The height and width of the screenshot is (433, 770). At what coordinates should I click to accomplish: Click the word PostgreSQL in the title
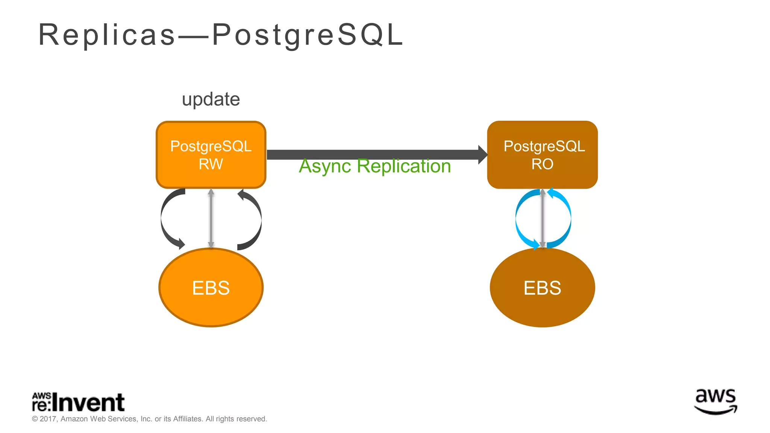click(x=308, y=35)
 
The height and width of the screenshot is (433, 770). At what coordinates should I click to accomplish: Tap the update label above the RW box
click(x=211, y=100)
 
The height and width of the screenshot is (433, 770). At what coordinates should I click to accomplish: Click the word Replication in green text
click(x=404, y=166)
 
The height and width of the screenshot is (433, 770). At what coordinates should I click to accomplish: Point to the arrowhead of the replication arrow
click(x=483, y=154)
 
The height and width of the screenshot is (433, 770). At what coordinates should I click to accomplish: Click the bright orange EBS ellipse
click(x=211, y=288)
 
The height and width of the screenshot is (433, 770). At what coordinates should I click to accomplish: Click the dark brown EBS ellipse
click(x=542, y=288)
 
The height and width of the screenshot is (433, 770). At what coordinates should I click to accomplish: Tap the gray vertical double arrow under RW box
click(x=211, y=218)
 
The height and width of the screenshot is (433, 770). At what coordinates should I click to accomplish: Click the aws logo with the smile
click(x=715, y=401)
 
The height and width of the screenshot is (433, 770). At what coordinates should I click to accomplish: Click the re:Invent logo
click(x=78, y=402)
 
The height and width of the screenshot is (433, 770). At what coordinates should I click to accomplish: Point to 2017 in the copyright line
click(x=48, y=419)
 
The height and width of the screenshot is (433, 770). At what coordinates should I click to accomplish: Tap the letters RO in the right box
click(x=542, y=164)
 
